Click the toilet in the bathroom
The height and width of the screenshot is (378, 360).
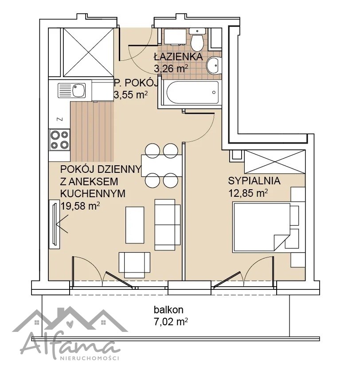point(197,39)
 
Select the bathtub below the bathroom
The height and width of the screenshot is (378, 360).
point(192,93)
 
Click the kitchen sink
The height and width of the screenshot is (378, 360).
point(72,90)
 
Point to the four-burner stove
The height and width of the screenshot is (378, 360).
point(59,140)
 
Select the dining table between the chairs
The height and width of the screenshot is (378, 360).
point(161,166)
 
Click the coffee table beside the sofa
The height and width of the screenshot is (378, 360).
point(135,225)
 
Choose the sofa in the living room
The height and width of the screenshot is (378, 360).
point(167,225)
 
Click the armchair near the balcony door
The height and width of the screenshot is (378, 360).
point(134,265)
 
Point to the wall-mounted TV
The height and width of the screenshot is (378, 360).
point(55,224)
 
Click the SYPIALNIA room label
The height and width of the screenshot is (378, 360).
point(254,181)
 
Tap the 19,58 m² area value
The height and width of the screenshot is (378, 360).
point(80,206)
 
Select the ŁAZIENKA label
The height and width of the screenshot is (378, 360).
point(178,57)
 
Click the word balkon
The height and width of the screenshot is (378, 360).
point(168,310)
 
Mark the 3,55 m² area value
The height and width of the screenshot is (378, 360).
point(130,95)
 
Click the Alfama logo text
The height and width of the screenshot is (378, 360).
point(70,345)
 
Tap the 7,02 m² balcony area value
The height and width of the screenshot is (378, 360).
point(171,322)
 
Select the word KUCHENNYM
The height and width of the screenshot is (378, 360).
point(93,193)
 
